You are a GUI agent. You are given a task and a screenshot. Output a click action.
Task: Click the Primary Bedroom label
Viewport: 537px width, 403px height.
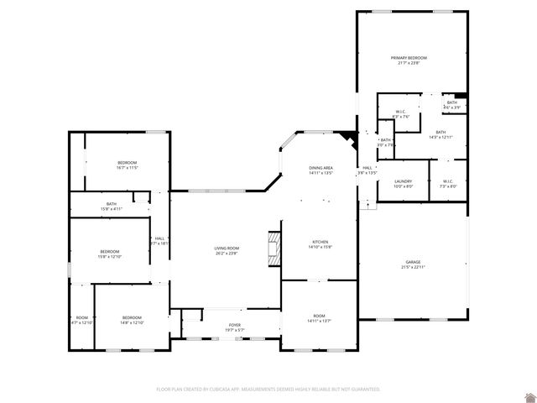pyautogui.click(x=409, y=57)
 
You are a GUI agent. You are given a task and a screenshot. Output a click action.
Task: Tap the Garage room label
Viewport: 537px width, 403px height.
pyautogui.click(x=414, y=262)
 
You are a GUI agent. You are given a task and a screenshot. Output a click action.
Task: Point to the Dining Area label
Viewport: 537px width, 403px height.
pyautogui.click(x=321, y=168)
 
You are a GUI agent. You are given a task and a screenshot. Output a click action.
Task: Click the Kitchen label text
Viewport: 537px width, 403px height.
pyautogui.click(x=321, y=242)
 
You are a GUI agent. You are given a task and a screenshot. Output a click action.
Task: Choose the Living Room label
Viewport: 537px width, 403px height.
pyautogui.click(x=227, y=249)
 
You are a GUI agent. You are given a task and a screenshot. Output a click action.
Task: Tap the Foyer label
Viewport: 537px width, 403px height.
pyautogui.click(x=235, y=325)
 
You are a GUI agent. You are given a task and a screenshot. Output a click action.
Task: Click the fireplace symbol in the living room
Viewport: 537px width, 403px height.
pyautogui.click(x=273, y=247)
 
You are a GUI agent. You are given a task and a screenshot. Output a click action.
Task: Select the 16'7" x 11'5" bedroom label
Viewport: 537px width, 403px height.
pyautogui.click(x=127, y=162)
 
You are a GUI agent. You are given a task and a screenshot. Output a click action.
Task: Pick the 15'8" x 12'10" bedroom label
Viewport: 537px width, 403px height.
pyautogui.click(x=110, y=252)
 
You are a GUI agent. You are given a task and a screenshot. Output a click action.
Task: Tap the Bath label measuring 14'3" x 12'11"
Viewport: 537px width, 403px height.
pyautogui.click(x=441, y=132)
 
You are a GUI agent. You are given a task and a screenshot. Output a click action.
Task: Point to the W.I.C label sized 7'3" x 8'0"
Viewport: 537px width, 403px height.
pyautogui.click(x=447, y=181)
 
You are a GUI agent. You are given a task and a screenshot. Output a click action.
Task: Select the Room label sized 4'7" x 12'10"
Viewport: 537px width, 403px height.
pyautogui.click(x=81, y=317)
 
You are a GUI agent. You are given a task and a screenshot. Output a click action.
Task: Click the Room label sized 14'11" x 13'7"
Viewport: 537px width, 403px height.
pyautogui.click(x=320, y=316)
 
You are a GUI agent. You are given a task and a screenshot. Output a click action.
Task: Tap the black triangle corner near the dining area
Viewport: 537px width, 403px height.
pyautogui.click(x=349, y=135)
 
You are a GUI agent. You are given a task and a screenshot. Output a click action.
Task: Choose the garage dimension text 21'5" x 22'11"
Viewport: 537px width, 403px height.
pyautogui.click(x=414, y=267)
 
